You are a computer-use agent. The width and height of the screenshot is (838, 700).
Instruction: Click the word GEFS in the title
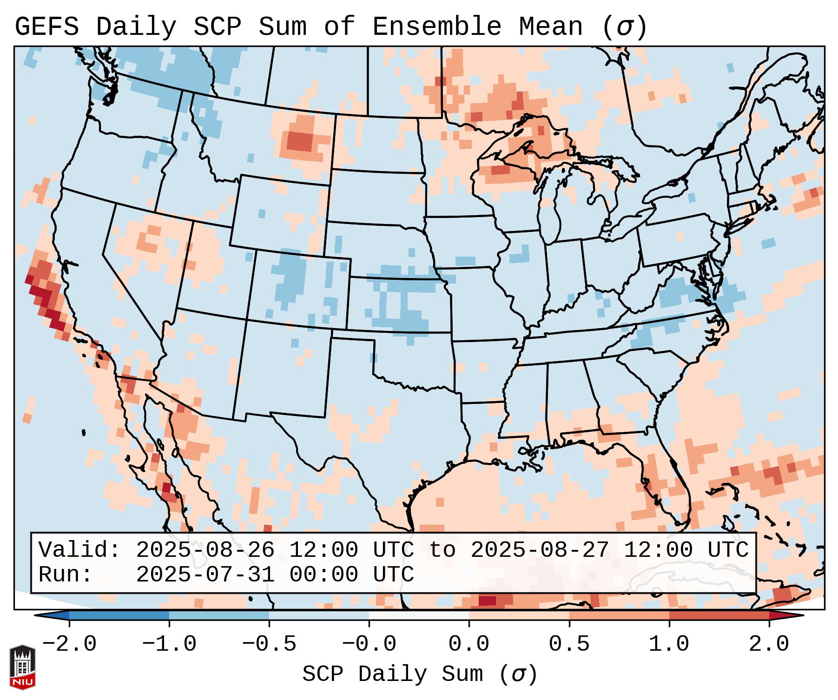pos(47,27)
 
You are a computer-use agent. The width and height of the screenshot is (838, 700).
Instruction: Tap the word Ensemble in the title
pos(436,27)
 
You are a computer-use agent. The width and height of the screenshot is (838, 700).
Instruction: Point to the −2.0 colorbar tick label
pos(69,644)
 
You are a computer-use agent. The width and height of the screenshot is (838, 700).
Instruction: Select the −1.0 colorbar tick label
pos(169,644)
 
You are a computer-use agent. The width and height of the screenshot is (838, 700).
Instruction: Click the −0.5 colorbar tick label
pos(269,644)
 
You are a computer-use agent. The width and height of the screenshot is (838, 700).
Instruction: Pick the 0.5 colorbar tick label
pos(569,644)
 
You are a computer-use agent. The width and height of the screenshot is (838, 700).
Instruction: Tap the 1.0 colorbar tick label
pos(669,644)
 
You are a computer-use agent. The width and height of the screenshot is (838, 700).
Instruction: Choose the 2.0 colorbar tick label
pos(769,644)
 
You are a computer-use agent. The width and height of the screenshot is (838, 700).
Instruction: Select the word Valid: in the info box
pos(79,550)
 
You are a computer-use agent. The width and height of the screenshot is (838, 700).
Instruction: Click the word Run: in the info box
pos(66,575)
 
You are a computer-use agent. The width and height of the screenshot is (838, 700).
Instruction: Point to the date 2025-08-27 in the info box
pos(540,550)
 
